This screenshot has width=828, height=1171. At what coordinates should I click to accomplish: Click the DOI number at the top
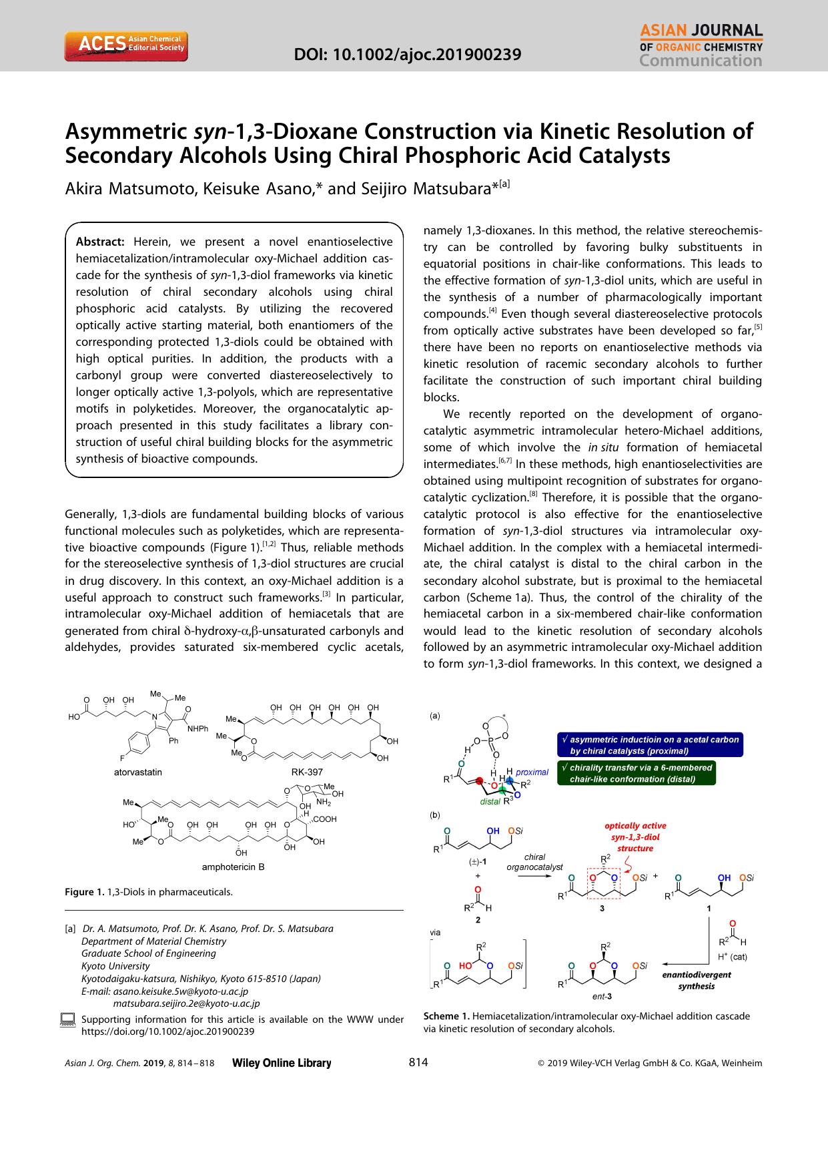[x=408, y=54]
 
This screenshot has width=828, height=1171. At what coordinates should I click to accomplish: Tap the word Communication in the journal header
[x=701, y=61]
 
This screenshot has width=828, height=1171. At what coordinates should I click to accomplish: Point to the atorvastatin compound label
[x=138, y=772]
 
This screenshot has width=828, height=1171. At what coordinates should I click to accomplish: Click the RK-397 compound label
[x=307, y=772]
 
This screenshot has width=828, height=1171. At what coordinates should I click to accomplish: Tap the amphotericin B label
[x=234, y=867]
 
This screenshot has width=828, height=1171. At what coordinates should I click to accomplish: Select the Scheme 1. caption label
[x=446, y=1016]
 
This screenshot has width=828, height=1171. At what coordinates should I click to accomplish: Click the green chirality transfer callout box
[x=637, y=773]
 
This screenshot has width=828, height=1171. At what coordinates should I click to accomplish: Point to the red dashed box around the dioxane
[x=604, y=884]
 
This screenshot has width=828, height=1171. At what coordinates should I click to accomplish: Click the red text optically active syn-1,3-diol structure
[x=635, y=837]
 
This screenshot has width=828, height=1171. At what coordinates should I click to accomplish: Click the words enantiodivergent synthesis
[x=696, y=979]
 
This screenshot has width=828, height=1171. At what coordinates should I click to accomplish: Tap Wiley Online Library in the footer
[x=281, y=1064]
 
